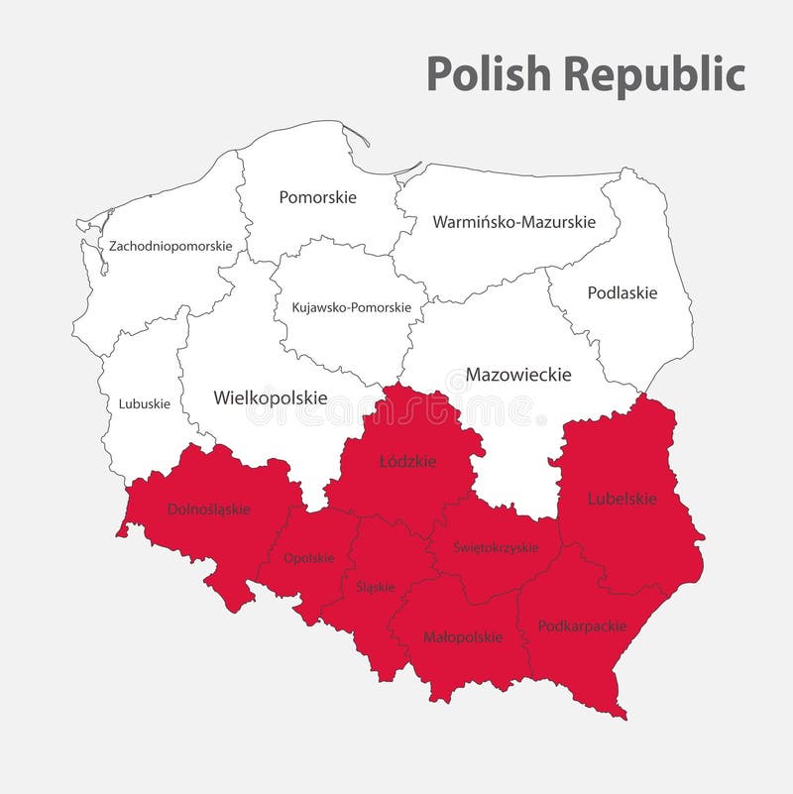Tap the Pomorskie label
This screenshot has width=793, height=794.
(317, 197)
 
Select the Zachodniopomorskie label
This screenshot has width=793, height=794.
(170, 245)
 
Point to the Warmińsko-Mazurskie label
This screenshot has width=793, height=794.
(513, 222)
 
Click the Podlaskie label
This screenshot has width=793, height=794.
(623, 292)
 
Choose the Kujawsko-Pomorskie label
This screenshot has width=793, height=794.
(351, 307)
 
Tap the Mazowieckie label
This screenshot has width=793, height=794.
(518, 375)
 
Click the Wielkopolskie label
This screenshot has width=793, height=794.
(270, 397)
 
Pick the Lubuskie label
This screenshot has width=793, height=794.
(145, 403)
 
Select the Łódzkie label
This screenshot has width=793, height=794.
(402, 461)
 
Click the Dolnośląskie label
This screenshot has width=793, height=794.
(209, 510)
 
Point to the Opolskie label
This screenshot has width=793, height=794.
(308, 558)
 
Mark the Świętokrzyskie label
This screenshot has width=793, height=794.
(496, 547)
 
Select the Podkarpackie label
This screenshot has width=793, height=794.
(582, 626)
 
